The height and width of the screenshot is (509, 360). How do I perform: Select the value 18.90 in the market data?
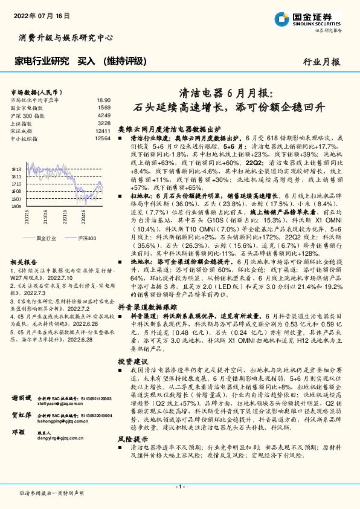pyautogui.click(x=103, y=100)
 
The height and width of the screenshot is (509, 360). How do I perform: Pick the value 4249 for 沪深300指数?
pyautogui.click(x=104, y=115)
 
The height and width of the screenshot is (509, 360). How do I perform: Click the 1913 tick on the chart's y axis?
pyautogui.click(x=17, y=169)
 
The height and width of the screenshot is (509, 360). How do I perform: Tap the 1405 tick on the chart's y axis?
pyautogui.click(x=17, y=206)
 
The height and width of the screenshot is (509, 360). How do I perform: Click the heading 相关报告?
pyautogui.click(x=25, y=262)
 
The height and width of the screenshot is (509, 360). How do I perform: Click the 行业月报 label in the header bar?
pyautogui.click(x=321, y=61)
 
